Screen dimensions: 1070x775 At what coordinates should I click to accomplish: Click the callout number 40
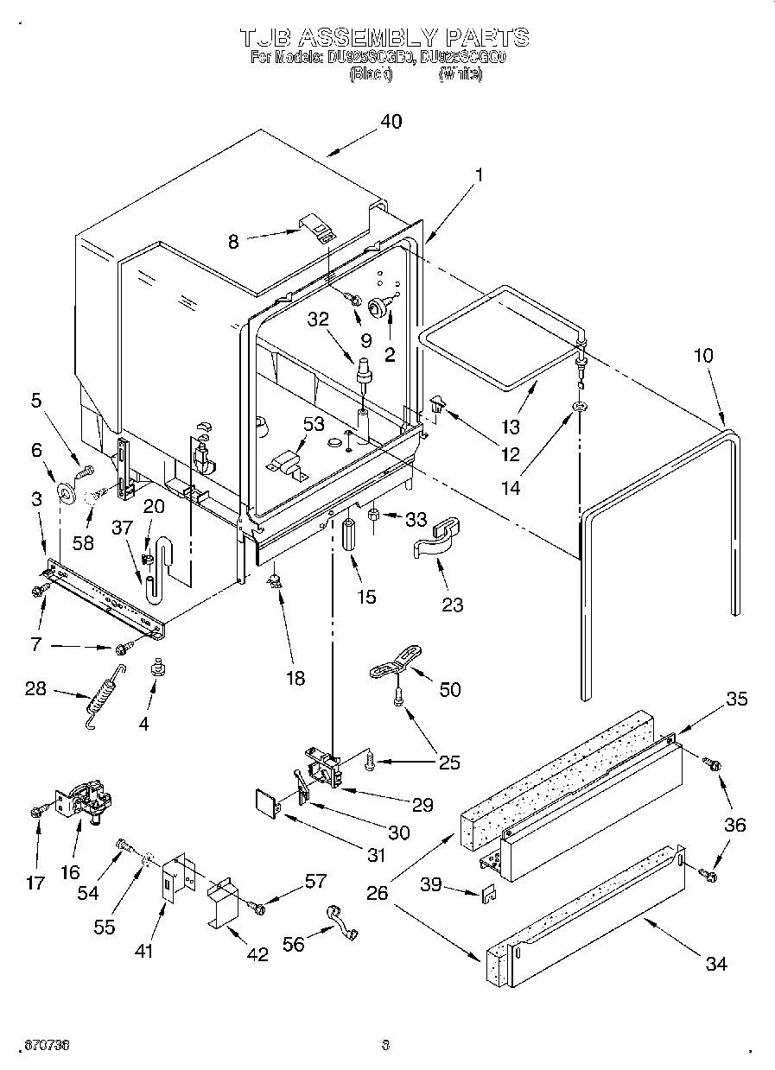pyautogui.click(x=391, y=122)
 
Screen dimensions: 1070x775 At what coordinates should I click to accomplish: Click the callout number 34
pyautogui.click(x=716, y=964)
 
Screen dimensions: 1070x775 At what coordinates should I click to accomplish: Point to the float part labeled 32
pyautogui.click(x=364, y=367)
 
